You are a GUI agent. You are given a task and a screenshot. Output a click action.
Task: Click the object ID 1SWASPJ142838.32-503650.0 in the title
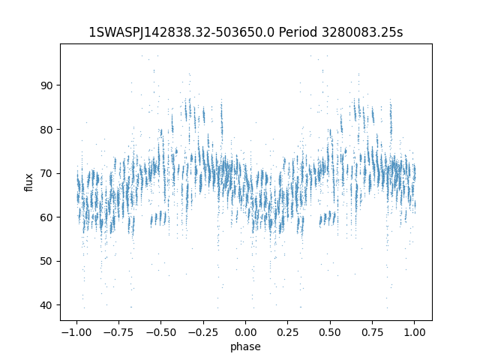(x=181, y=32)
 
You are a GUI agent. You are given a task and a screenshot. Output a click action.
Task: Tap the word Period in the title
(x=298, y=32)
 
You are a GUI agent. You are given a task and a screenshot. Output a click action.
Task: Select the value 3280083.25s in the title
(x=362, y=32)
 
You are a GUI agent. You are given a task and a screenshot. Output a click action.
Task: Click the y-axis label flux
(x=28, y=182)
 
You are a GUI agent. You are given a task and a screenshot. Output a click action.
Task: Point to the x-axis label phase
(x=245, y=346)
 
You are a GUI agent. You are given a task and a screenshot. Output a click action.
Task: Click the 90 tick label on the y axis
(x=46, y=85)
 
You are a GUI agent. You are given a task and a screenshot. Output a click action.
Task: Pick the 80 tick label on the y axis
(x=46, y=130)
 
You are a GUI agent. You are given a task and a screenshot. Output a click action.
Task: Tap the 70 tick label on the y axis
(x=46, y=173)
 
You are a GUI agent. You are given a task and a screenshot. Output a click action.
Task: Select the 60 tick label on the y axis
(x=46, y=217)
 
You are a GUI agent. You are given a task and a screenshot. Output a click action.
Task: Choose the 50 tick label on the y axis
(x=46, y=262)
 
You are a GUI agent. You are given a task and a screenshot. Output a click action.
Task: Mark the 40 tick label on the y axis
(x=46, y=305)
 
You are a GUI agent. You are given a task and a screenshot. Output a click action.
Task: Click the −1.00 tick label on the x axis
(x=76, y=332)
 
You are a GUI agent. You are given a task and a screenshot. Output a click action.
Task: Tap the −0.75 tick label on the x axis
(x=118, y=332)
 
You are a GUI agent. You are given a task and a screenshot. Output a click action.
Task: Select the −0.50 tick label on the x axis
(x=161, y=332)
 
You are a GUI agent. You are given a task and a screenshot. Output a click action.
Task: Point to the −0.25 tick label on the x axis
(x=203, y=332)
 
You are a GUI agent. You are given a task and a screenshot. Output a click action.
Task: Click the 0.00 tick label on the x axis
(x=245, y=332)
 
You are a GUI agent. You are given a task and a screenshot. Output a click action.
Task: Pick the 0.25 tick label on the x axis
(x=288, y=332)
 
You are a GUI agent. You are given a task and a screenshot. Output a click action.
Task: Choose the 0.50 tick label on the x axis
(x=330, y=332)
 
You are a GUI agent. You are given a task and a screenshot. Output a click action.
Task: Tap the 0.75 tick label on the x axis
(x=372, y=332)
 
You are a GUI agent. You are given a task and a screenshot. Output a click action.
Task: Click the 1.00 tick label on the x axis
(x=415, y=332)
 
